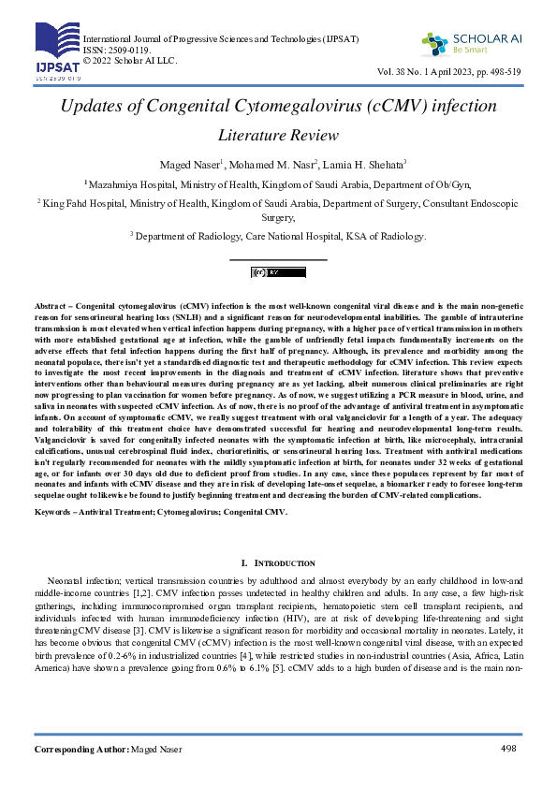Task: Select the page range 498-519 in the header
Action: [502, 72]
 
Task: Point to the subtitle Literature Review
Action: [278, 136]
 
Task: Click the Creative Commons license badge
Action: [278, 272]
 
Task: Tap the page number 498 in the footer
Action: [508, 749]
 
